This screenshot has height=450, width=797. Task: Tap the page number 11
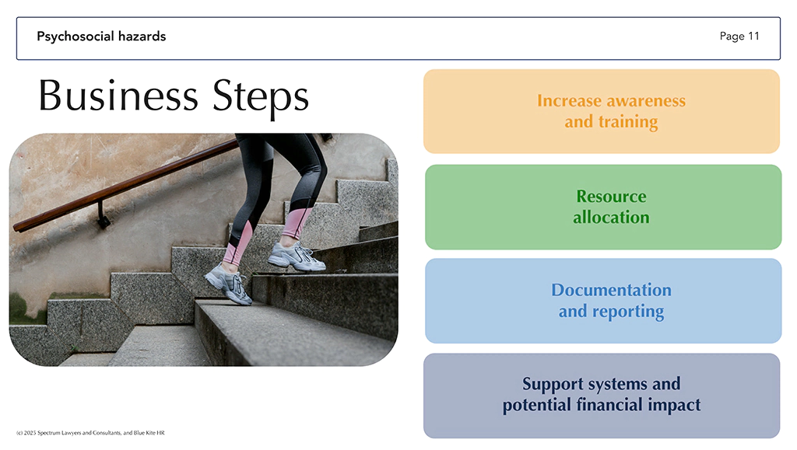coord(753,36)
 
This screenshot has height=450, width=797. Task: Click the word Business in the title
coord(118,96)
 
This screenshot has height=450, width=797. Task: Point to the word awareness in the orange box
coord(646,100)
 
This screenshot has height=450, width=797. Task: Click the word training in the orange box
coord(628,122)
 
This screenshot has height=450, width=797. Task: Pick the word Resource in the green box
coord(611,196)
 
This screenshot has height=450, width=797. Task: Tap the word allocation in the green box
coord(611,217)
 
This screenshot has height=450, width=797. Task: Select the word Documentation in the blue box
coord(612,290)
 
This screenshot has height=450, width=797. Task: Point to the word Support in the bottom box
coord(553,384)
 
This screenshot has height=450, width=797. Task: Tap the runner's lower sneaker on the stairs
coord(228,286)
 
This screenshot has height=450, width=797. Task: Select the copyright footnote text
coord(90,433)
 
